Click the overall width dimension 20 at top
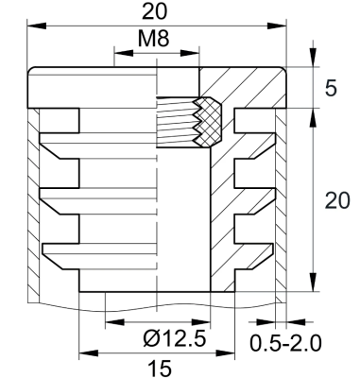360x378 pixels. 157,12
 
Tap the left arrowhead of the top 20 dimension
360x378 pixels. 34,26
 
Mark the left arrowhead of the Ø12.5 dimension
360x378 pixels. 109,322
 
